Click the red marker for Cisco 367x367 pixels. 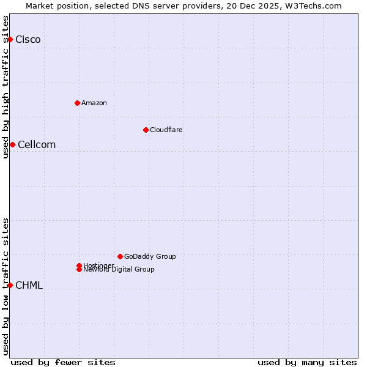(x=10, y=39)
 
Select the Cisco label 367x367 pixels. (x=28, y=40)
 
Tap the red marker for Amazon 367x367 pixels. (x=77, y=103)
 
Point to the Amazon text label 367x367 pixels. (x=94, y=103)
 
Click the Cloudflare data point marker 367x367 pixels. (x=146, y=130)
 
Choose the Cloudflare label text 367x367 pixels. (x=166, y=130)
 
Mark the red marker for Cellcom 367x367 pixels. (x=12, y=144)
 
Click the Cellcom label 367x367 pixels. (x=37, y=145)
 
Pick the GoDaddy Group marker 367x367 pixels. (x=120, y=256)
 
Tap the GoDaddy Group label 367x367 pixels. (x=150, y=256)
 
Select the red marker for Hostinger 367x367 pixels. (x=79, y=265)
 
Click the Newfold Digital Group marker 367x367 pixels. (x=79, y=270)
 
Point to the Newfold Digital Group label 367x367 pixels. (x=119, y=270)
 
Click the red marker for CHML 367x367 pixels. (x=10, y=285)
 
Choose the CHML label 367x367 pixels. (x=29, y=286)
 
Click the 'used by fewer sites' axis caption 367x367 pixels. (x=63, y=362)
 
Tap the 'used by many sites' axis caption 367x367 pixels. (x=307, y=362)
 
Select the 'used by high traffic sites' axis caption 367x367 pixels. (x=6, y=86)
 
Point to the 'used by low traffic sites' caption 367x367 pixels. (x=6, y=286)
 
